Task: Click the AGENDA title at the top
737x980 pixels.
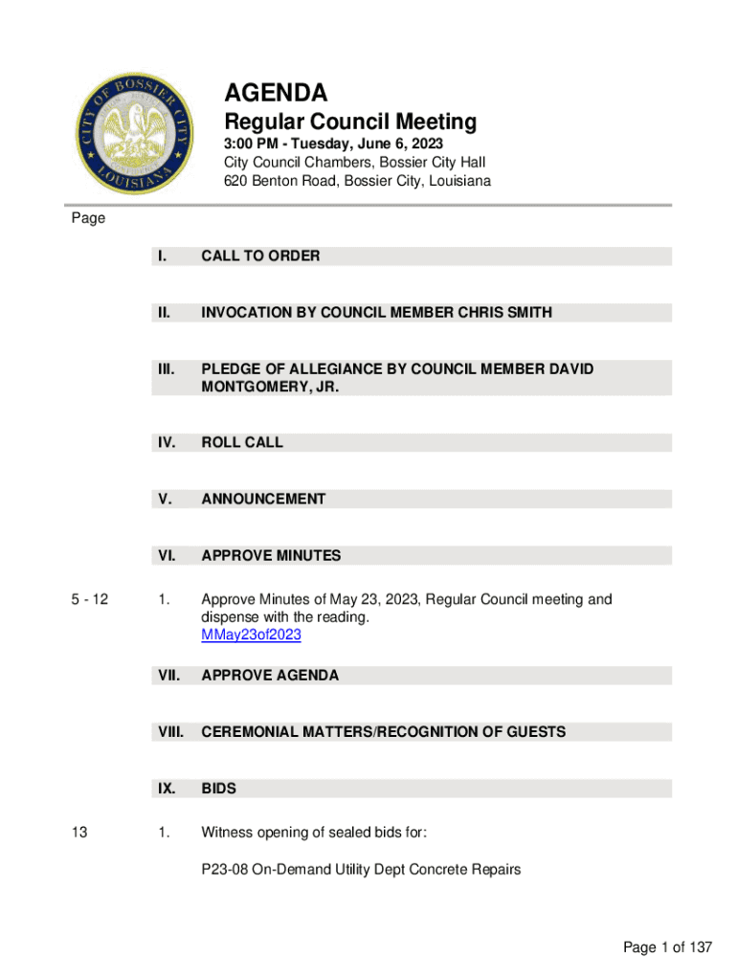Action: (276, 93)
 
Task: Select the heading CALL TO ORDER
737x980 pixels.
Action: (260, 256)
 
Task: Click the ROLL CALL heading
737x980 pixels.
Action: (242, 442)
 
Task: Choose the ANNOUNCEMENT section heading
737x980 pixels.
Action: (263, 499)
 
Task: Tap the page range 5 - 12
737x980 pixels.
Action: (90, 600)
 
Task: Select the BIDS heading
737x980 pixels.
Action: (218, 790)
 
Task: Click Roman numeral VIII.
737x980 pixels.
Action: (170, 732)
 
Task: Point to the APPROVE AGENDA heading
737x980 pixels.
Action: (270, 676)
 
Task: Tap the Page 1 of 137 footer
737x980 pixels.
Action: (667, 947)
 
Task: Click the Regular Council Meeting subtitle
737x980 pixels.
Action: (349, 122)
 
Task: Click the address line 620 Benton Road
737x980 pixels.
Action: (357, 181)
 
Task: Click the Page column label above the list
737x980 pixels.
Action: (88, 218)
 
